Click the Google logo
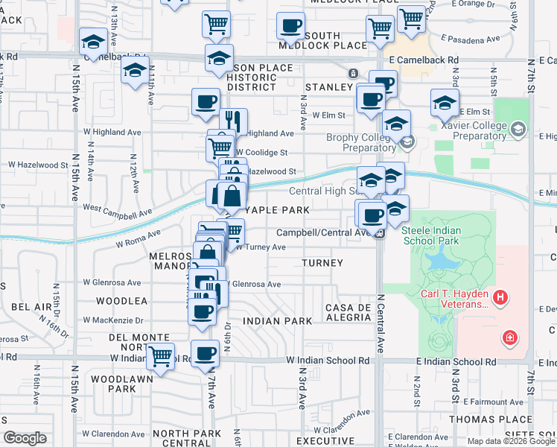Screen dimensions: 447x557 25,438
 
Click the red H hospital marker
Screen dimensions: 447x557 500,298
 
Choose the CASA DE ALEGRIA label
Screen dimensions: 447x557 348,312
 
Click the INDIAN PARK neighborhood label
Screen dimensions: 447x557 277,321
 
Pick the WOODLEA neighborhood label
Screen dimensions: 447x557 121,301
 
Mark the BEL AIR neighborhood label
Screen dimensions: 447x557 31,306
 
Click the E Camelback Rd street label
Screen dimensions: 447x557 423,60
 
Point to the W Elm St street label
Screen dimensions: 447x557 328,115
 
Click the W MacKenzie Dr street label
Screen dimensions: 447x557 113,320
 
